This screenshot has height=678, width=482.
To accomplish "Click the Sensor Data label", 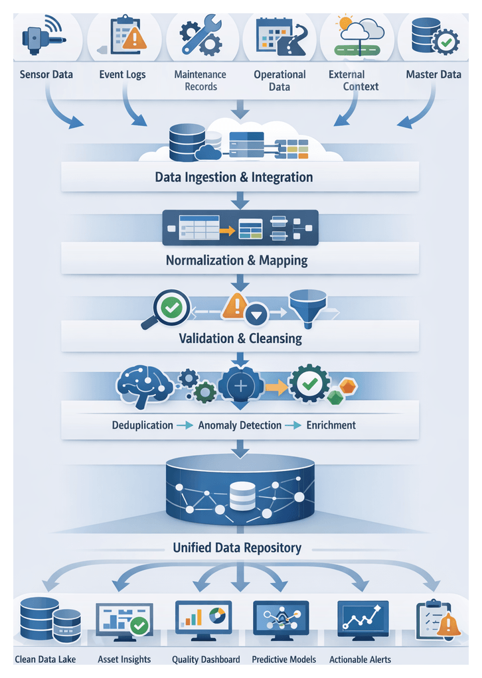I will click(x=46, y=74).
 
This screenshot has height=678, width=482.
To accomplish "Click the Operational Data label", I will click(x=280, y=80).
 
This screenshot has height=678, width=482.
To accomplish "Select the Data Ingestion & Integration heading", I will click(x=234, y=177).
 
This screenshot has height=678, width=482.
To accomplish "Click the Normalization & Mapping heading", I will click(x=236, y=260).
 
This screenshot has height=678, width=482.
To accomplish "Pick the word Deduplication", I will click(x=142, y=425).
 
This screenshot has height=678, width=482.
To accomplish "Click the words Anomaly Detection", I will click(x=240, y=425).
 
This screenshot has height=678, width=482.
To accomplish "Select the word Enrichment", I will click(x=331, y=425).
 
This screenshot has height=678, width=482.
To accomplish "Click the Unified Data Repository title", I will click(x=237, y=548).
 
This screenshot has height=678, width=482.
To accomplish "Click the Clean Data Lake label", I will click(x=45, y=659).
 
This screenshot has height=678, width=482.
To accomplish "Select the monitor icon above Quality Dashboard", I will click(x=203, y=620).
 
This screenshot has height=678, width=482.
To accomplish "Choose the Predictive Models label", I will click(x=284, y=659).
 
